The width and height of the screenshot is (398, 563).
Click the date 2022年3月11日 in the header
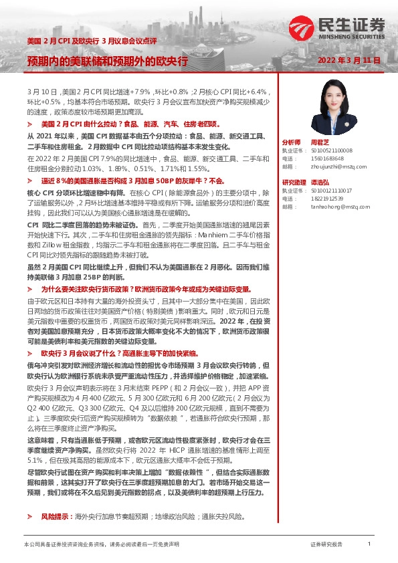click(349, 61)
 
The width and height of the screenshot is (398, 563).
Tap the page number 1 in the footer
click(369, 544)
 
